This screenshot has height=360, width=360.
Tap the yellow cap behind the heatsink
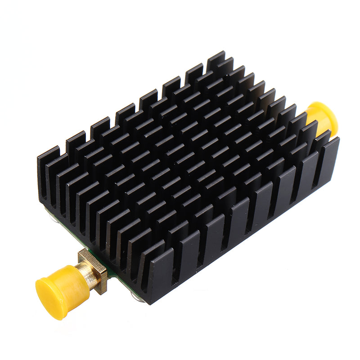(x=322, y=118)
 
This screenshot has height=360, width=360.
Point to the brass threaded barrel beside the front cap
(x=85, y=274)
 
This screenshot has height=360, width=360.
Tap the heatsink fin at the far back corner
(x=216, y=61)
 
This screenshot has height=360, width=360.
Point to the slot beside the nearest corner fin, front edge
(x=167, y=272)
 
